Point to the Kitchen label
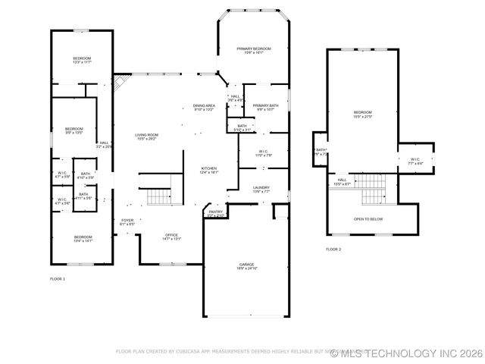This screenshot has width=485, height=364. coord(209,170)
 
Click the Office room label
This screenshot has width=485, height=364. coord(172,237)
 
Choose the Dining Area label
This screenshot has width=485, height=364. coord(204,107)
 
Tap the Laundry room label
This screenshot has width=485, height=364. coord(261,190)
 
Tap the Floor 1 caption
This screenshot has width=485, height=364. coord(58,279)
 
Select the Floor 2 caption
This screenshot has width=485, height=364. coord(333,249)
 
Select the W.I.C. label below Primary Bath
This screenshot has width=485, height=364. coord(264,152)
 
